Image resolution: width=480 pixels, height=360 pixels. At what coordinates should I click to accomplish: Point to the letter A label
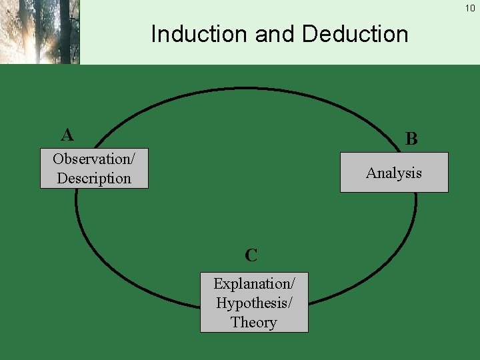(x=67, y=135)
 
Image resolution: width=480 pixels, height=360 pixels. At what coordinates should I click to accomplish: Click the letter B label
(x=411, y=139)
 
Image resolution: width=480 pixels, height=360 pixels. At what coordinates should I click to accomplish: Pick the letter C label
(x=251, y=255)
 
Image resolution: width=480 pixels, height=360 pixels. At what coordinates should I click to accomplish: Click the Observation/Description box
(x=94, y=169)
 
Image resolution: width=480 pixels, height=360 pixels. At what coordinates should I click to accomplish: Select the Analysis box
(x=394, y=173)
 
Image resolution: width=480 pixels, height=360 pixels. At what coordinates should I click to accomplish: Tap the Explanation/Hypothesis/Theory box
(x=254, y=302)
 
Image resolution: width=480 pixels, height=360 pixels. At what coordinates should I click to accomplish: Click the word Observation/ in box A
(x=94, y=159)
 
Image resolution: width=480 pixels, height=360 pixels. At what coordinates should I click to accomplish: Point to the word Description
(x=94, y=178)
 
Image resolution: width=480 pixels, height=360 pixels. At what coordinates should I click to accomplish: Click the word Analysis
(x=394, y=173)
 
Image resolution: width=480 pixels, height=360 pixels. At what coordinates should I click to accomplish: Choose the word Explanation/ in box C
(x=254, y=283)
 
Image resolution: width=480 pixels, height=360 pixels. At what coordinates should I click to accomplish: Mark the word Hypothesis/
(x=254, y=303)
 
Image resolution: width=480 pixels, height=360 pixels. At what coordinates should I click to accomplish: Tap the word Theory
(x=254, y=322)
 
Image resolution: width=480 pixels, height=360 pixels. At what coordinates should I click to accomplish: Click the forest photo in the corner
(x=39, y=31)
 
